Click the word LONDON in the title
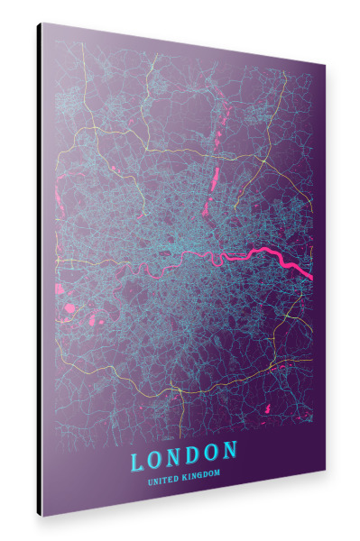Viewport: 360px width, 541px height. tap(184, 456)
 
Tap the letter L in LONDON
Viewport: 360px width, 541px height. tap(138, 461)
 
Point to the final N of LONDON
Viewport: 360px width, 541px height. tap(230, 449)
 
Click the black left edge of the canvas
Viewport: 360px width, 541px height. tap(40, 270)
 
